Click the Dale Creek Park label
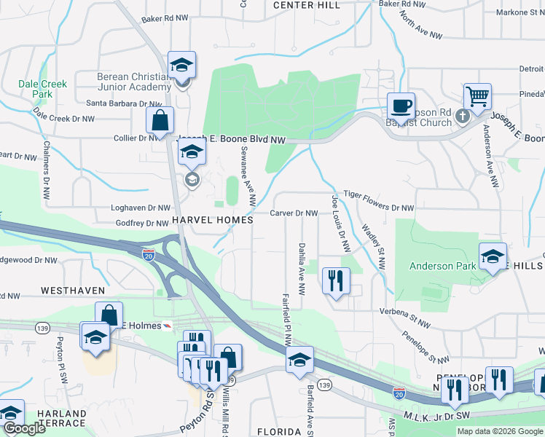43,89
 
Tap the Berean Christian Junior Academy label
134,82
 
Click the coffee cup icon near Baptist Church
400,106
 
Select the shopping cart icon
477,96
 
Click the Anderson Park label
442,266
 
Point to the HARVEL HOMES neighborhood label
212,219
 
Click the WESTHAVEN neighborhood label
73,290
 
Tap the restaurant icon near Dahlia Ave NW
336,280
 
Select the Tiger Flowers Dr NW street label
378,208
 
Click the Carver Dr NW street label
294,213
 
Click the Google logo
24,428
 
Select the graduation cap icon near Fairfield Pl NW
299,360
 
